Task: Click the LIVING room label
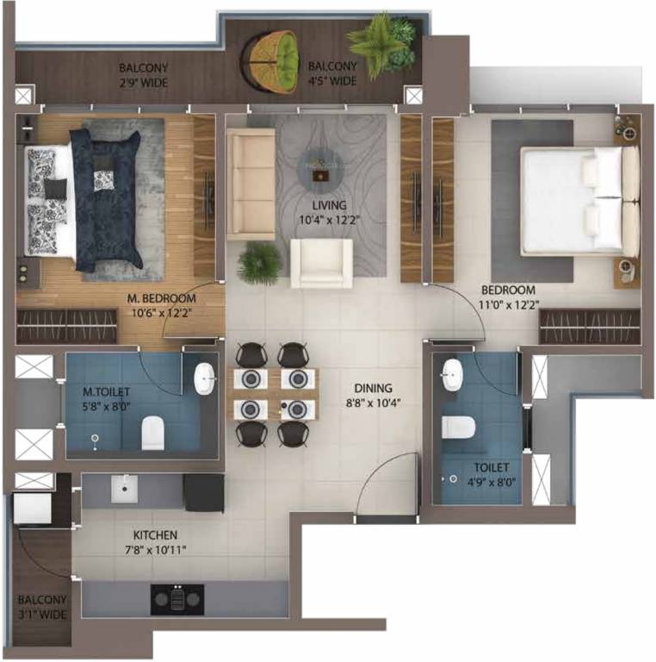(x=330, y=205)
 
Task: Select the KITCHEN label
(x=155, y=534)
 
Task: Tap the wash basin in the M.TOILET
(x=204, y=377)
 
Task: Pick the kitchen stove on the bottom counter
(x=177, y=597)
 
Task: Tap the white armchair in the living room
(x=321, y=262)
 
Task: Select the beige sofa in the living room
(x=251, y=184)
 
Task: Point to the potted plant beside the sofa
(x=259, y=261)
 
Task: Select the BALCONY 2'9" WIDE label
(x=144, y=75)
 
